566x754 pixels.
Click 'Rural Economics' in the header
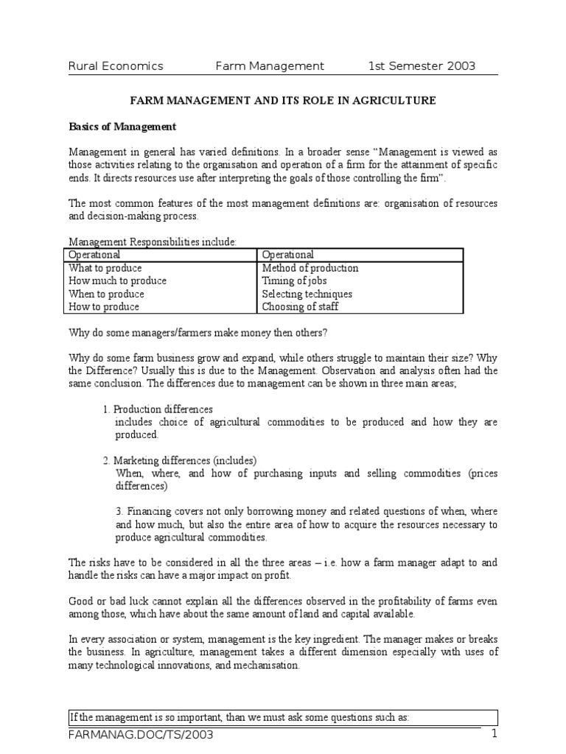[x=116, y=66]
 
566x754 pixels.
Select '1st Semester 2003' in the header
[x=422, y=66]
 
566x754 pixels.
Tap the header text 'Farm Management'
[x=269, y=66]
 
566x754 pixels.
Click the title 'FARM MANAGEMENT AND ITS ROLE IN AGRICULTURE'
[x=283, y=100]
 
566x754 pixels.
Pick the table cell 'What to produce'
[x=105, y=268]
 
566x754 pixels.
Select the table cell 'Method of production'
[x=310, y=268]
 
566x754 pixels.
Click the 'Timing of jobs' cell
[x=294, y=281]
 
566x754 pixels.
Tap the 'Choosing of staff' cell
[x=300, y=307]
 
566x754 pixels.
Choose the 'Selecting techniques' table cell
[x=307, y=294]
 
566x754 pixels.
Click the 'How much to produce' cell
[x=118, y=281]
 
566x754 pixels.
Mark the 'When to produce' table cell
[x=107, y=294]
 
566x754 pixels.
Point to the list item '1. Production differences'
[x=158, y=409]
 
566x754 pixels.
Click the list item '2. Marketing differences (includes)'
[x=179, y=461]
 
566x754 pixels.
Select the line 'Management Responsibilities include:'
[x=153, y=242]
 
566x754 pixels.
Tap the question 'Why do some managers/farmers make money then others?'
[x=197, y=333]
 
